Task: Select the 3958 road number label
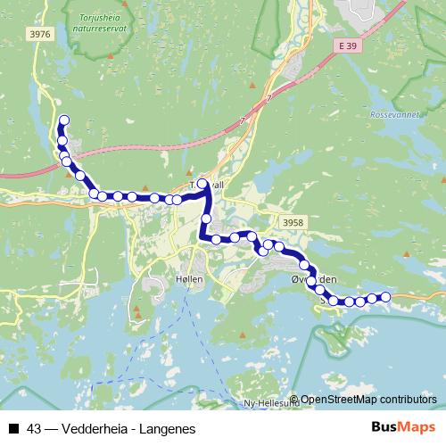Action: pos(291,220)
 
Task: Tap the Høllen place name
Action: pos(189,278)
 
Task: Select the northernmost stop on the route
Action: pos(63,120)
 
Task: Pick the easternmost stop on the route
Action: pos(385,297)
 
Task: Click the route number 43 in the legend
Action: pos(34,428)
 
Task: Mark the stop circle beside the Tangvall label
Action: pos(202,185)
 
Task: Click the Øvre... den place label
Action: pos(314,279)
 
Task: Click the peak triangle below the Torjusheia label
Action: pos(111,57)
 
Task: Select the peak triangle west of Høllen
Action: pos(138,312)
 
